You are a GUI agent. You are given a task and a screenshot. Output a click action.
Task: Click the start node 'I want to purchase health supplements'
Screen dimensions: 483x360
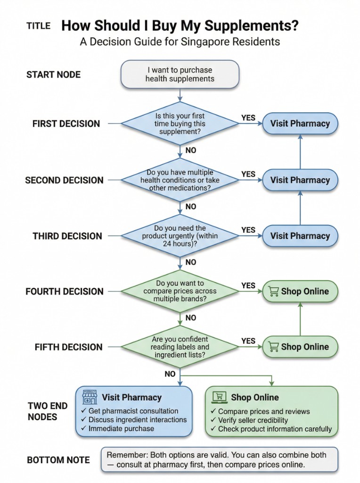(x=180, y=74)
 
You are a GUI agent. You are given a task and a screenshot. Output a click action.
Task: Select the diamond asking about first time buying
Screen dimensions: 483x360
(x=180, y=124)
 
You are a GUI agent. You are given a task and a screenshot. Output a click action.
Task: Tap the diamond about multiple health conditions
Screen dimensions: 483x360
(x=180, y=180)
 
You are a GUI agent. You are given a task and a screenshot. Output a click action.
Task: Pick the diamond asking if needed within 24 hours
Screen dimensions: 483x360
(x=180, y=236)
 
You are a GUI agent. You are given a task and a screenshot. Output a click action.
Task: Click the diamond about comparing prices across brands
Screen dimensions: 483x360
(x=180, y=291)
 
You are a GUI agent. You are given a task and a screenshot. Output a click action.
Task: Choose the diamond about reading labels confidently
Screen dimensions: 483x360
(x=180, y=347)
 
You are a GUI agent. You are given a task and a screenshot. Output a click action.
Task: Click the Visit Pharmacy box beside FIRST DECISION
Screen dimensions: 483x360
(x=300, y=124)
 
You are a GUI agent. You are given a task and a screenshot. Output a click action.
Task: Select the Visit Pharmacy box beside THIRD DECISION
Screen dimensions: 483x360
(x=300, y=236)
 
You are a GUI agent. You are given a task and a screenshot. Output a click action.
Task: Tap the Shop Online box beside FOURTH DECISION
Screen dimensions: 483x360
(x=300, y=291)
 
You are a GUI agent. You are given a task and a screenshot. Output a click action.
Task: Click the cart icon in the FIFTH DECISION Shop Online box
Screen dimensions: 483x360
(x=273, y=347)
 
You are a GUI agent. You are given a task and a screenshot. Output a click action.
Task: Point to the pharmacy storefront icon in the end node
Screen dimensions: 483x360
(x=90, y=397)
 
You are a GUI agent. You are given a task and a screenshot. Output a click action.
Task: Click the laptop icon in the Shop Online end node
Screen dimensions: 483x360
(x=218, y=398)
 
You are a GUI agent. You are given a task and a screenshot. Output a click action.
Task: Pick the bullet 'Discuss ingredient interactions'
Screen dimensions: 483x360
(x=137, y=419)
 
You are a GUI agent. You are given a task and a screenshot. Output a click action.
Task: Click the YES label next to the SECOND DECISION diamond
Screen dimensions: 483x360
(x=248, y=174)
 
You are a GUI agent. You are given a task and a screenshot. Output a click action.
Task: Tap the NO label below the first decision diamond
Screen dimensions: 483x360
(x=191, y=150)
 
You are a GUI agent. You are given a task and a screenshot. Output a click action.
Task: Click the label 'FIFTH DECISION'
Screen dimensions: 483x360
(x=68, y=347)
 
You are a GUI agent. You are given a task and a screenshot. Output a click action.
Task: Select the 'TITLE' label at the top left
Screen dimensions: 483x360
(x=38, y=26)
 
